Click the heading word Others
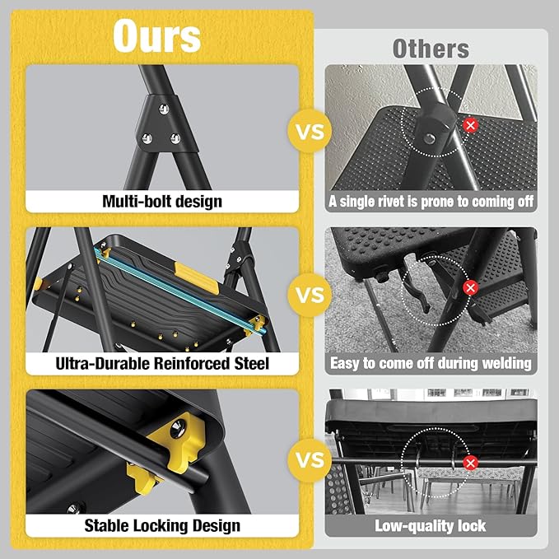tap(431, 48)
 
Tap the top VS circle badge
tap(306, 131)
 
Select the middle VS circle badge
tap(306, 295)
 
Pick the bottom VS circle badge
tap(306, 458)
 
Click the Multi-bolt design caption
tap(162, 201)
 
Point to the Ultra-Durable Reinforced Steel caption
tap(162, 363)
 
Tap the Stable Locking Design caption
tap(162, 525)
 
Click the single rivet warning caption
tap(431, 201)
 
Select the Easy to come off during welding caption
tap(431, 363)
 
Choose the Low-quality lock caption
tap(431, 525)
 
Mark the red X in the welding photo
tap(470, 288)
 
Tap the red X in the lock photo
tap(471, 463)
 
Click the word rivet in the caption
tap(394, 201)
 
